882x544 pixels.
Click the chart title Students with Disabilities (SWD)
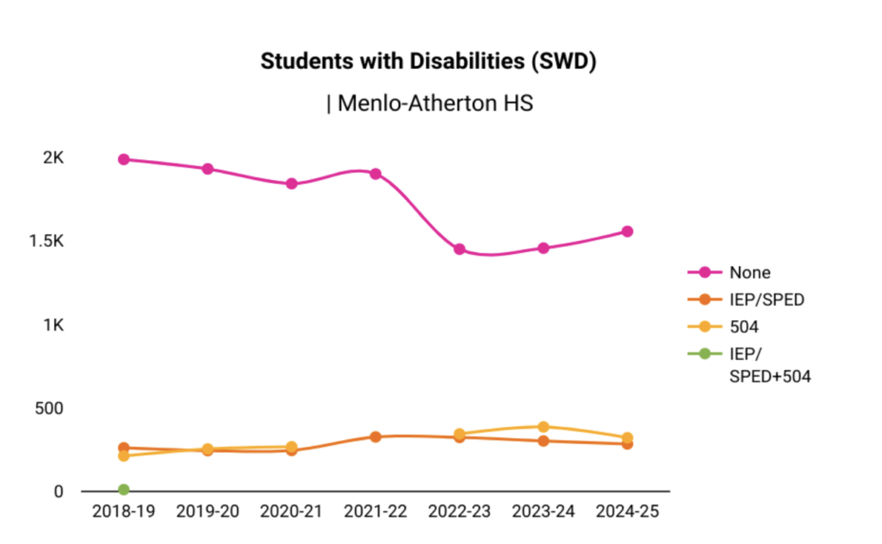429,62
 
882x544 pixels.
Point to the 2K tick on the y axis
54,158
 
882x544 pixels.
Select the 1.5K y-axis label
47,241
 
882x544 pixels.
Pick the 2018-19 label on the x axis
123,511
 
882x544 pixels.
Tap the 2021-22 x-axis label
376,511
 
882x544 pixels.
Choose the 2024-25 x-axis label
627,511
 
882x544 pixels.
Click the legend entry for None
748,273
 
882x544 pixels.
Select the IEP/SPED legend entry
766,300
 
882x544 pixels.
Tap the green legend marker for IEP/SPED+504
704,353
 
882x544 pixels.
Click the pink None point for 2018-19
124,159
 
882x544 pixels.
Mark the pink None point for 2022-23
460,250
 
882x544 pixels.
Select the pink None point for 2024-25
628,232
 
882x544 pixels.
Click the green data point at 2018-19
124,490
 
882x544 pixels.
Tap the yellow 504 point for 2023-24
543,427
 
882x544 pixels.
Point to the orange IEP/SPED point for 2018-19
124,448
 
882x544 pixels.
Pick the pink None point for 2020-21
292,183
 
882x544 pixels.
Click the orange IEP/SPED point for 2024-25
628,444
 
